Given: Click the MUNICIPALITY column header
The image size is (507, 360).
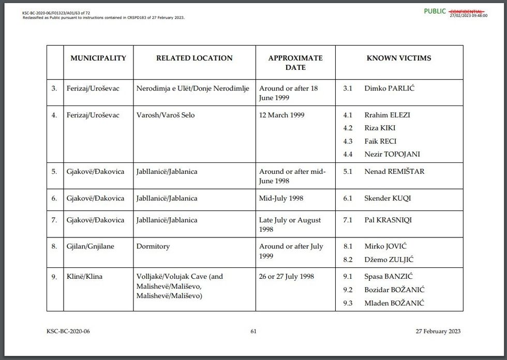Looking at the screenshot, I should (x=98, y=58).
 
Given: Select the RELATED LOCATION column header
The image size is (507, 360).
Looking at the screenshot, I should (x=195, y=58).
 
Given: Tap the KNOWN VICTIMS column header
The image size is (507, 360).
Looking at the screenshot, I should (x=399, y=58).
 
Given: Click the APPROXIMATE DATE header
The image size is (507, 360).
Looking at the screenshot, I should (x=295, y=63).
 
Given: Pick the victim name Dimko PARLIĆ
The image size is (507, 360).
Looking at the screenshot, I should (x=389, y=88).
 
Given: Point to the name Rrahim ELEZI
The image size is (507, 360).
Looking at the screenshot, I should (x=387, y=115).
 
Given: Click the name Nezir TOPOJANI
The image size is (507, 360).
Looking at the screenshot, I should (x=392, y=154).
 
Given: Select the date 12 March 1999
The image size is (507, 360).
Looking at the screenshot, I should (x=281, y=115).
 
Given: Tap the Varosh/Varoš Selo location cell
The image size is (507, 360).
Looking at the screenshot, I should (x=166, y=115).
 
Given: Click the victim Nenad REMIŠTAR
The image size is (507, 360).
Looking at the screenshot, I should (x=394, y=171).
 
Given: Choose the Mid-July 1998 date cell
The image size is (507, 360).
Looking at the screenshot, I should (x=281, y=198).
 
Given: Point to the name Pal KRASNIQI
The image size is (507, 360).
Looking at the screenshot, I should (x=388, y=220).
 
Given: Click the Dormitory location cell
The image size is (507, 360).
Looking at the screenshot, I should (x=153, y=246).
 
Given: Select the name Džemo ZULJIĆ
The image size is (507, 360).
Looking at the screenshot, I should (x=389, y=260).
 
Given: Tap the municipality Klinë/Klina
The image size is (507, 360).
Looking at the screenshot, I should (x=84, y=276).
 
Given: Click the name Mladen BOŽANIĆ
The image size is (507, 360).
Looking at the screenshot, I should (x=394, y=303).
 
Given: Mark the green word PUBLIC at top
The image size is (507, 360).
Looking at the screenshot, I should (x=435, y=11).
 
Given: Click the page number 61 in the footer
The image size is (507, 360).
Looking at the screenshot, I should (x=253, y=332).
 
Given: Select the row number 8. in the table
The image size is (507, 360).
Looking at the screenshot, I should (x=54, y=246).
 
